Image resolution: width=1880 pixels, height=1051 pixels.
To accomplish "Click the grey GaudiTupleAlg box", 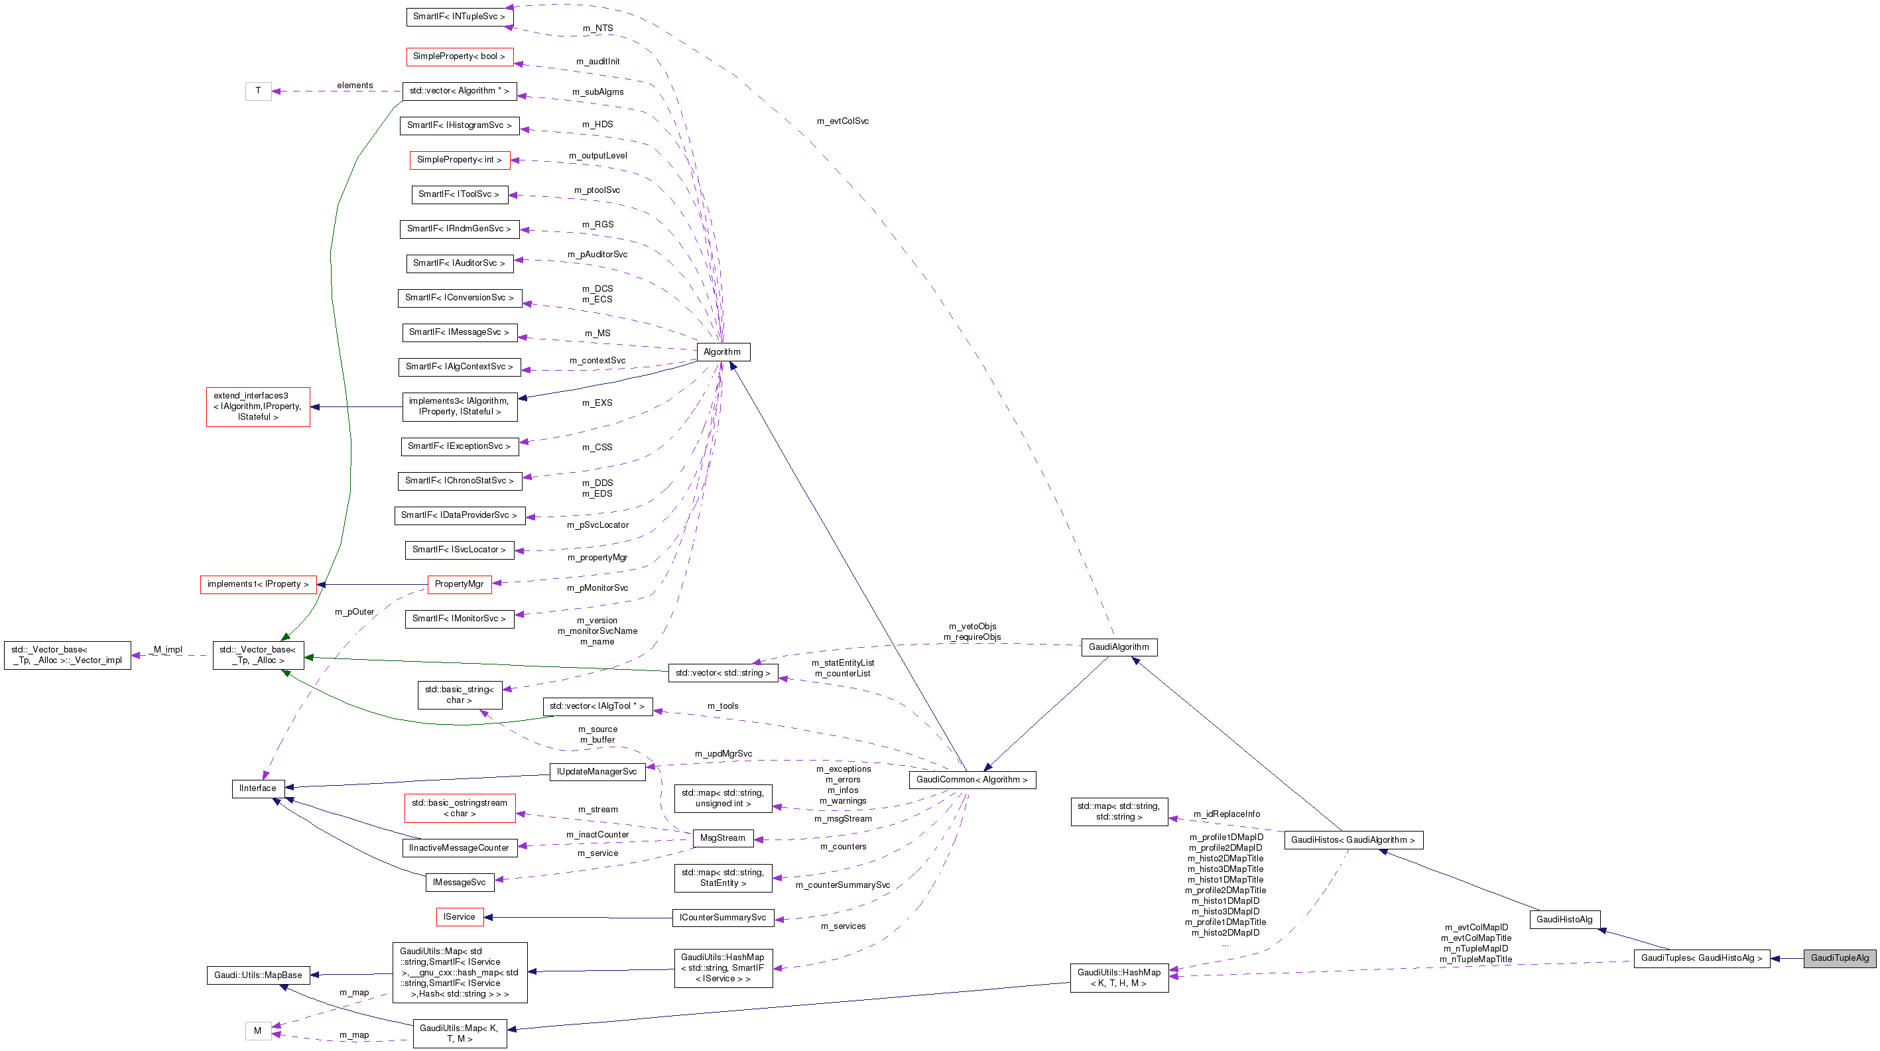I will coord(1839,958).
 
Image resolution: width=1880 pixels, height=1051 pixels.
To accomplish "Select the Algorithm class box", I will coord(721,352).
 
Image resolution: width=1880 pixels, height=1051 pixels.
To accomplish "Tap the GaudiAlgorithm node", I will coord(1118,647).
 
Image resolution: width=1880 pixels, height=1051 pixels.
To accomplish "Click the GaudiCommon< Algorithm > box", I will coord(971,780).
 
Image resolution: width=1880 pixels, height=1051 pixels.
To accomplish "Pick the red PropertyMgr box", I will coord(459,584).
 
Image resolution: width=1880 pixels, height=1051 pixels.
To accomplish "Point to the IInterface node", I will coord(257,788).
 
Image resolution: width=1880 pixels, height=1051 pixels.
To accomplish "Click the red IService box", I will coord(459,916).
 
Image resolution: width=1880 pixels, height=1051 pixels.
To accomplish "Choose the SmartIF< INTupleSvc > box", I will coord(459,16).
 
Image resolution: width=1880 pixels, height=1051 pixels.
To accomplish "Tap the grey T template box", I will coord(257,90).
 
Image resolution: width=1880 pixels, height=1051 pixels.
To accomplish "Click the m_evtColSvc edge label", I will coord(842,121).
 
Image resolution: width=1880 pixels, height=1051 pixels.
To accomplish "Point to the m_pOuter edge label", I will coord(354,611).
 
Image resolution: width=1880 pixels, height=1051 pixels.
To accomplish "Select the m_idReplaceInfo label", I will coord(1226,814).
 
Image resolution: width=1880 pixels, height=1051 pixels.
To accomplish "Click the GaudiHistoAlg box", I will coord(1564,919).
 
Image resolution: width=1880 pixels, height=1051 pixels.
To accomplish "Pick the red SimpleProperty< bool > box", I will coord(459,56).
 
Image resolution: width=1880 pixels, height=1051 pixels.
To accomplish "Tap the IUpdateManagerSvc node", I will coord(596,771).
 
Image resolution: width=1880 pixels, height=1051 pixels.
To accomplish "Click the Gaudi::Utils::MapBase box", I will coord(257,975).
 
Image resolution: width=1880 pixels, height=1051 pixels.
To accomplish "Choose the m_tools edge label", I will coord(723,706).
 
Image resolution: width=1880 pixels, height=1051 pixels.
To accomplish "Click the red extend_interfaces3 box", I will coord(257,406).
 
